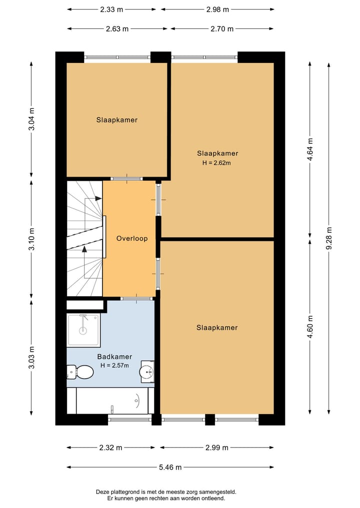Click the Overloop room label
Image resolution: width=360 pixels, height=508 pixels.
(132, 238)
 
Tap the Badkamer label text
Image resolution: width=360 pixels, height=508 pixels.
(115, 357)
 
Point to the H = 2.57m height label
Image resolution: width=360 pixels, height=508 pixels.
(115, 365)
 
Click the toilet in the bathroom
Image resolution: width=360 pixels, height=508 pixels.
(81, 372)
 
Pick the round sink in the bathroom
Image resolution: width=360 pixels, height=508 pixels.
(146, 371)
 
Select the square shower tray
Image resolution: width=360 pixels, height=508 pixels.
(83, 330)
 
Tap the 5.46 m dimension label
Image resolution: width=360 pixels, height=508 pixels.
(169, 467)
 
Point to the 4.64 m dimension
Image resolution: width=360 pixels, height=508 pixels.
(310, 149)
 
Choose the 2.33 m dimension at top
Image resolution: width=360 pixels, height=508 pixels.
(112, 9)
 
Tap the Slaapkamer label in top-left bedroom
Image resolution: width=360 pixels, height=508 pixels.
(117, 120)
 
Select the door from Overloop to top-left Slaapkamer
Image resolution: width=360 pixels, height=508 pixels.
(126, 178)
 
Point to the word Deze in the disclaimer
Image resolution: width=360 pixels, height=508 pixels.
(103, 492)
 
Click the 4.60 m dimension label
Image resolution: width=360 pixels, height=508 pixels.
(310, 327)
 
